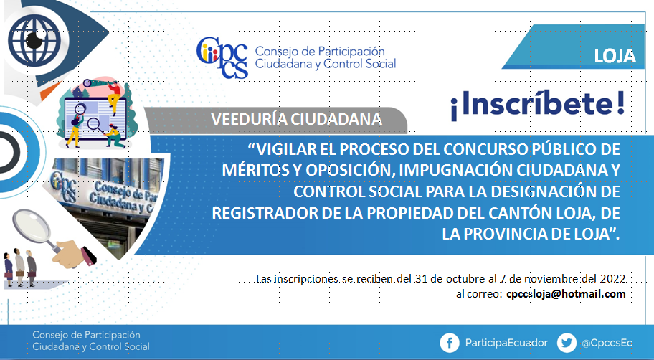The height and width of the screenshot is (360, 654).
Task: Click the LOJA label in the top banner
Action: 615,56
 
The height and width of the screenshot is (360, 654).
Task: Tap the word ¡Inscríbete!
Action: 538,105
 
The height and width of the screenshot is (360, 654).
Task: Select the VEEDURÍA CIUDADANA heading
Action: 297,119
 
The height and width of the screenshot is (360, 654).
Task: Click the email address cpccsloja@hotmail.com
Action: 566,294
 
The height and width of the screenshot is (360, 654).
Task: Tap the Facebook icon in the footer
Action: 450,343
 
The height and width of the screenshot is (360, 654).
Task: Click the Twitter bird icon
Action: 567,343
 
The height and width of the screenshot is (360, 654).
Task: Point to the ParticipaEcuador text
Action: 506,343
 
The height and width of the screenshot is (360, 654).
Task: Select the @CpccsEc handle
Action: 607,343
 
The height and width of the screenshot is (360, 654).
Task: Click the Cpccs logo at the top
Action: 222,57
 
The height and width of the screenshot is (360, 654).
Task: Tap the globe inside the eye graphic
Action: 34,40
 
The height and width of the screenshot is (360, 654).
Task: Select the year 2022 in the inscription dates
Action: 612,278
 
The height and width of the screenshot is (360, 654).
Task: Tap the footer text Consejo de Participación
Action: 86,335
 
